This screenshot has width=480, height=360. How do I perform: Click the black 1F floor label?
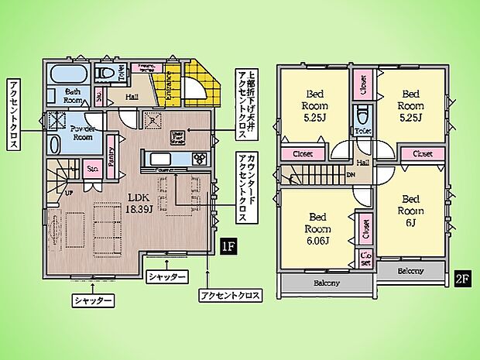click(x=228, y=248)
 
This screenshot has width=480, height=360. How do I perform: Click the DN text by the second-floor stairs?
click(x=351, y=173)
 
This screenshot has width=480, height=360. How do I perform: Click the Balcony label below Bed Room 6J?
click(x=410, y=271)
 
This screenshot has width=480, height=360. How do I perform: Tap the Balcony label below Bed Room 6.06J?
click(x=327, y=283)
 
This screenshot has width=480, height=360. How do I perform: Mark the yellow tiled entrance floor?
click(x=194, y=85)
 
